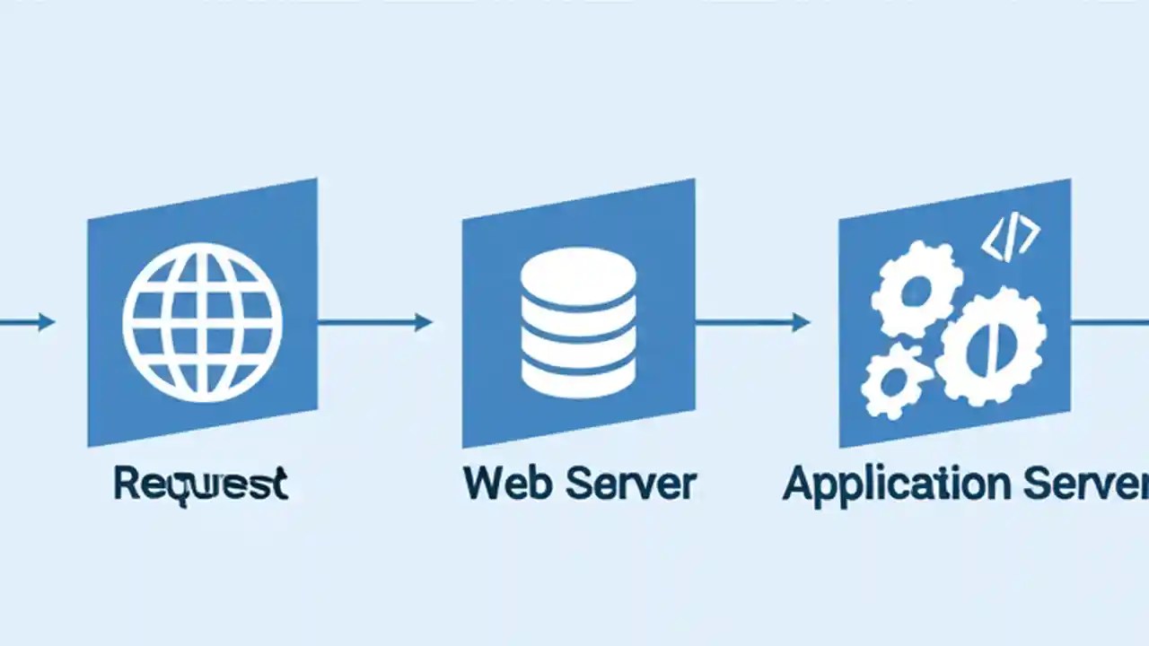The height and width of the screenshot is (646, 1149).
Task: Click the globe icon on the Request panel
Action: point(202,321)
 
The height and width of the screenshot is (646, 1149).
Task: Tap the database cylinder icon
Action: point(578,322)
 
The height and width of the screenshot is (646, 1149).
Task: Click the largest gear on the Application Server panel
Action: point(990,345)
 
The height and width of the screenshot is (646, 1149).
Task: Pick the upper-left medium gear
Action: point(917,289)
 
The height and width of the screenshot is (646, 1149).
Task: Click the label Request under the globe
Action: point(200,484)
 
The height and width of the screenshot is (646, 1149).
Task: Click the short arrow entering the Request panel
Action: point(27,322)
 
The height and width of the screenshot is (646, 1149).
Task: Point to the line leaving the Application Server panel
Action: point(1110,322)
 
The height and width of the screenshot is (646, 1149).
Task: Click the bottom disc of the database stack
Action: point(578,376)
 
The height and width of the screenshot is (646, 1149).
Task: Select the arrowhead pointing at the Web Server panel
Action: point(423,322)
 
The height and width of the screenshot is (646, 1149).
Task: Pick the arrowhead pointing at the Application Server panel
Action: point(801,322)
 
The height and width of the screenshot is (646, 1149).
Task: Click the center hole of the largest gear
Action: point(990,345)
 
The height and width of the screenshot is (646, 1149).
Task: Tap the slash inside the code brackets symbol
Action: point(1010,238)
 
